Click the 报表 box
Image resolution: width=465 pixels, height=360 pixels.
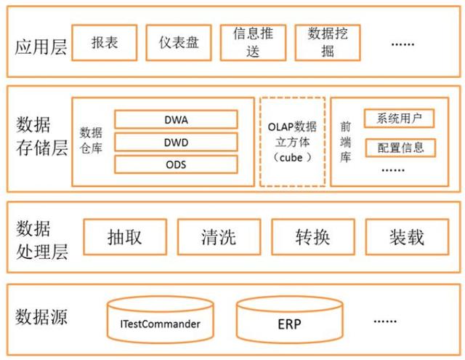105,43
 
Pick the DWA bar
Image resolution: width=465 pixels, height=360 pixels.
176,119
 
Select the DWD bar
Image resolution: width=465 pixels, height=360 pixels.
176,142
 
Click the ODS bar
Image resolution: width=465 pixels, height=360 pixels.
176,164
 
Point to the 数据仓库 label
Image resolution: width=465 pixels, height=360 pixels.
91,143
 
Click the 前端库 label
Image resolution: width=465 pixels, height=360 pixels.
346,142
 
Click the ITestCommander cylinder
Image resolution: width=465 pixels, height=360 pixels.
160,322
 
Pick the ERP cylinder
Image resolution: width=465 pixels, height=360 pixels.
288,322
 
